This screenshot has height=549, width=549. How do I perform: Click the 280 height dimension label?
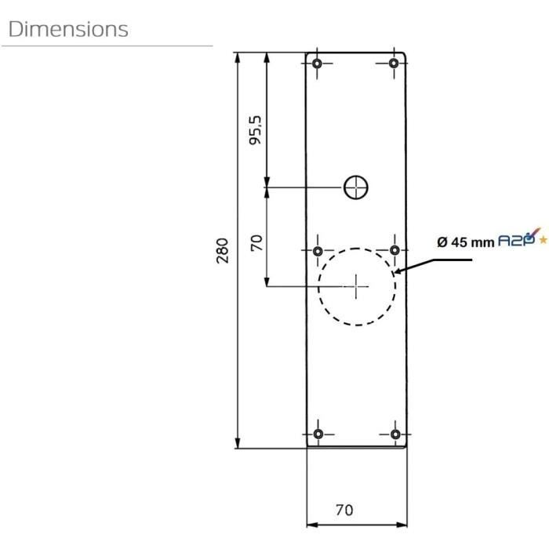pyautogui.click(x=222, y=251)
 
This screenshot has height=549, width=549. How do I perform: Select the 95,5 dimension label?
pyautogui.click(x=255, y=132)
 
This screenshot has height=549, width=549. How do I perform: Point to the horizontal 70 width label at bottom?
pyautogui.click(x=344, y=510)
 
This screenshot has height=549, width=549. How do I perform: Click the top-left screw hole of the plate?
pyautogui.click(x=318, y=63)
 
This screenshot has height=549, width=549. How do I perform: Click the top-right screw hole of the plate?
pyautogui.click(x=394, y=63)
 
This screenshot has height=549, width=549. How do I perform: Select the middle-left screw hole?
pyautogui.click(x=318, y=251)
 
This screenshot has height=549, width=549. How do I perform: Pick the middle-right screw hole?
pyautogui.click(x=394, y=251)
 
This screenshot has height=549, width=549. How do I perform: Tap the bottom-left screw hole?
pyautogui.click(x=318, y=434)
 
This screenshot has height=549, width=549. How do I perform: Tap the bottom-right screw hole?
pyautogui.click(x=394, y=434)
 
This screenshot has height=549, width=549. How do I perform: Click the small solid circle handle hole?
pyautogui.click(x=357, y=187)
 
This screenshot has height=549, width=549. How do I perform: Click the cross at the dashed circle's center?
pyautogui.click(x=357, y=286)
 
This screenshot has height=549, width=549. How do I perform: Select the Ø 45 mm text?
pyautogui.click(x=466, y=242)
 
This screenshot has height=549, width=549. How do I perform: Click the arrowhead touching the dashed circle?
pyautogui.click(x=401, y=272)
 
